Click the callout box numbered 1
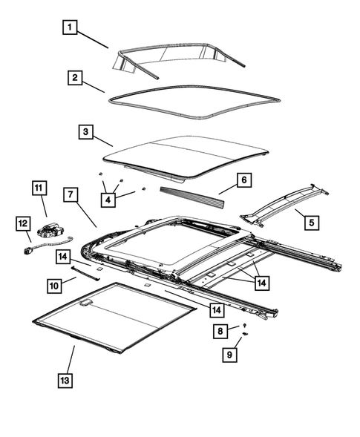[69, 28]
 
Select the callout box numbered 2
[74, 77]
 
